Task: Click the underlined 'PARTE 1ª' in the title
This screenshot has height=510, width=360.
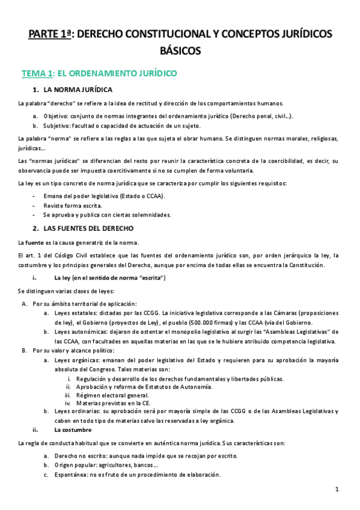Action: point(49,34)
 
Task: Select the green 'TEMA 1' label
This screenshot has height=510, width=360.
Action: point(37,74)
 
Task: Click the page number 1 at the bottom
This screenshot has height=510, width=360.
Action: point(337,490)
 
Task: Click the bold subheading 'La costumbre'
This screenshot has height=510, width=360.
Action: point(73,430)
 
